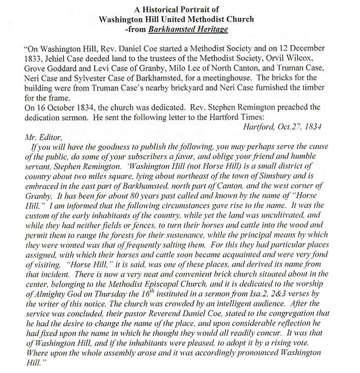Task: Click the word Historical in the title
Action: click(168, 10)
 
